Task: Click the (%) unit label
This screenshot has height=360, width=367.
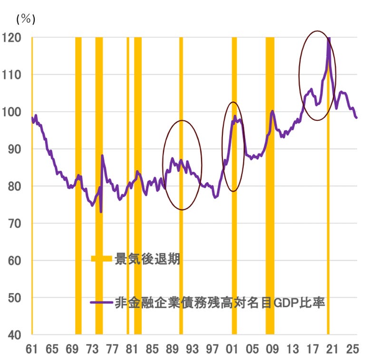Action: (x=26, y=19)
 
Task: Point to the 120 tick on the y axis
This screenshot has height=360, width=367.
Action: (x=11, y=38)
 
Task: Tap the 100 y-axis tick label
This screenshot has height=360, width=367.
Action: (x=11, y=112)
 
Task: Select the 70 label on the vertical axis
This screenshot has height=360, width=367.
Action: (x=15, y=224)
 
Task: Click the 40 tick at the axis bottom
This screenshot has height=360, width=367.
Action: (x=15, y=335)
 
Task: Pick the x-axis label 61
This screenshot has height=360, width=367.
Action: (x=31, y=349)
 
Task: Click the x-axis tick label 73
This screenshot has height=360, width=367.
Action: (x=92, y=349)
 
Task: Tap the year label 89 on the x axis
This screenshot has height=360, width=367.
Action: (x=172, y=349)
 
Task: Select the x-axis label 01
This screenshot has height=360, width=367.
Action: (x=232, y=349)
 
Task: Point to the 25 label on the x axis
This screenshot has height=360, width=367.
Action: (x=352, y=349)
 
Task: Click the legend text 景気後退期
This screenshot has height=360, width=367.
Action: (x=147, y=259)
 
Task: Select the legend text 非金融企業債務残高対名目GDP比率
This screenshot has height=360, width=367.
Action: (x=220, y=302)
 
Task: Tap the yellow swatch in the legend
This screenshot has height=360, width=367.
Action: (x=101, y=259)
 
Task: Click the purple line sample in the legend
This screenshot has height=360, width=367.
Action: (x=101, y=302)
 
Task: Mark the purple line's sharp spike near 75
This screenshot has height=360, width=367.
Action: (x=102, y=156)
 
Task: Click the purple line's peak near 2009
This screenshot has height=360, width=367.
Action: (x=272, y=111)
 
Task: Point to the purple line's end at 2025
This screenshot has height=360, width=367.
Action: (x=356, y=117)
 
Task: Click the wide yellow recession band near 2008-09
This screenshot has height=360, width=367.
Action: (x=270, y=186)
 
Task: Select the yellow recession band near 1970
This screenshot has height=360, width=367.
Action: (x=78, y=186)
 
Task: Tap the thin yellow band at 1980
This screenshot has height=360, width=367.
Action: (x=128, y=186)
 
